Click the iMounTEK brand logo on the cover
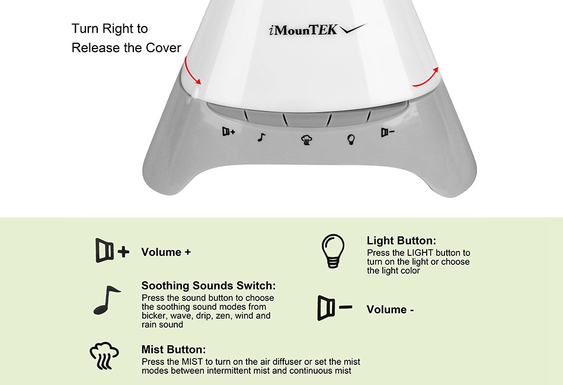(x=318, y=30)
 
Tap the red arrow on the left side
(x=191, y=72)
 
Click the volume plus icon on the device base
(x=228, y=131)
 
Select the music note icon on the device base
(x=261, y=137)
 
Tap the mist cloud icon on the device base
(x=306, y=140)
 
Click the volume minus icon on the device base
(x=388, y=133)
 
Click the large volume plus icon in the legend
(x=112, y=251)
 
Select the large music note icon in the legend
(x=107, y=300)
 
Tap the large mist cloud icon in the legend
(x=104, y=355)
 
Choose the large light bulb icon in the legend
(x=333, y=251)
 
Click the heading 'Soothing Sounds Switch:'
(x=209, y=285)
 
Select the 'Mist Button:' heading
(x=174, y=349)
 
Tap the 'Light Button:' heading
(x=401, y=240)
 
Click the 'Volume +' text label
(x=166, y=252)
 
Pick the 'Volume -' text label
(x=390, y=309)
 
